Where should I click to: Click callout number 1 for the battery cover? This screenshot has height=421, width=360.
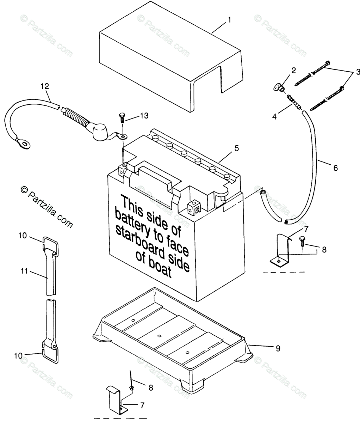pyautogui.click(x=229, y=20)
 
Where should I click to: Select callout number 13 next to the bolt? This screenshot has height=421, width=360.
pyautogui.click(x=144, y=116)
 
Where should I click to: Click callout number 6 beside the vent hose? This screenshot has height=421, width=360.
pyautogui.click(x=335, y=168)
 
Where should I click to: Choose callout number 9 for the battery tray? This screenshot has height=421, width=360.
pyautogui.click(x=278, y=348)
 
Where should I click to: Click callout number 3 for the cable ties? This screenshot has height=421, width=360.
pyautogui.click(x=358, y=72)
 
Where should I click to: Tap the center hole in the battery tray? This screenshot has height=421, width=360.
pyautogui.click(x=159, y=336)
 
